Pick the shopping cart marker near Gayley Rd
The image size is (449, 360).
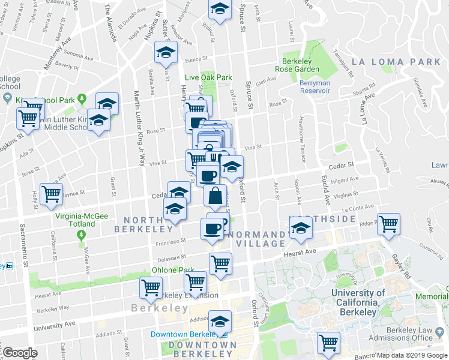(388, 224)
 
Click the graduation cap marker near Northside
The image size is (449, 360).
(301, 228)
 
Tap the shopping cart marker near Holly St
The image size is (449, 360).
(51, 194)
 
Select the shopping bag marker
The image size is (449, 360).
(215, 195)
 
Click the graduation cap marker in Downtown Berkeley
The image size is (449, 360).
(220, 321)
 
